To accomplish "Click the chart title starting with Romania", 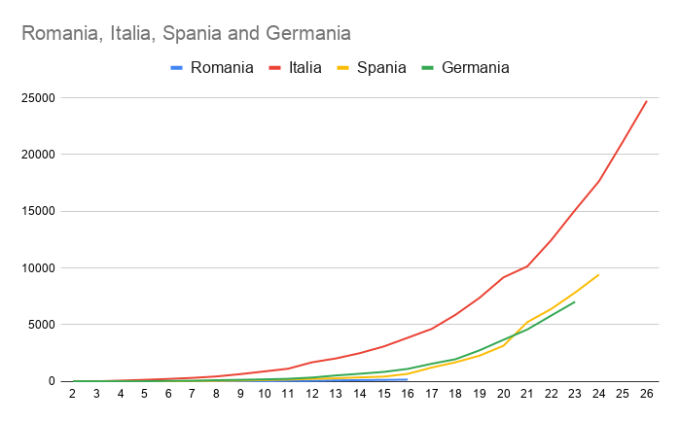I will pos(186,34).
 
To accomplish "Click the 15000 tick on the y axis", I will pos(38,211).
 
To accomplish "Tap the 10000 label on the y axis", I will pos(38,268).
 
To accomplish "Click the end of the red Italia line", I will pos(647,101).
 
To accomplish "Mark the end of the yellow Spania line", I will pos(599,274).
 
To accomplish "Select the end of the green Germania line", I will pos(575,301).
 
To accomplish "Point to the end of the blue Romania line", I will pos(408,380).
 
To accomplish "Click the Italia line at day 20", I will pos(503,278).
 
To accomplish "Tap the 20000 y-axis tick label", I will pos(38,155).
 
